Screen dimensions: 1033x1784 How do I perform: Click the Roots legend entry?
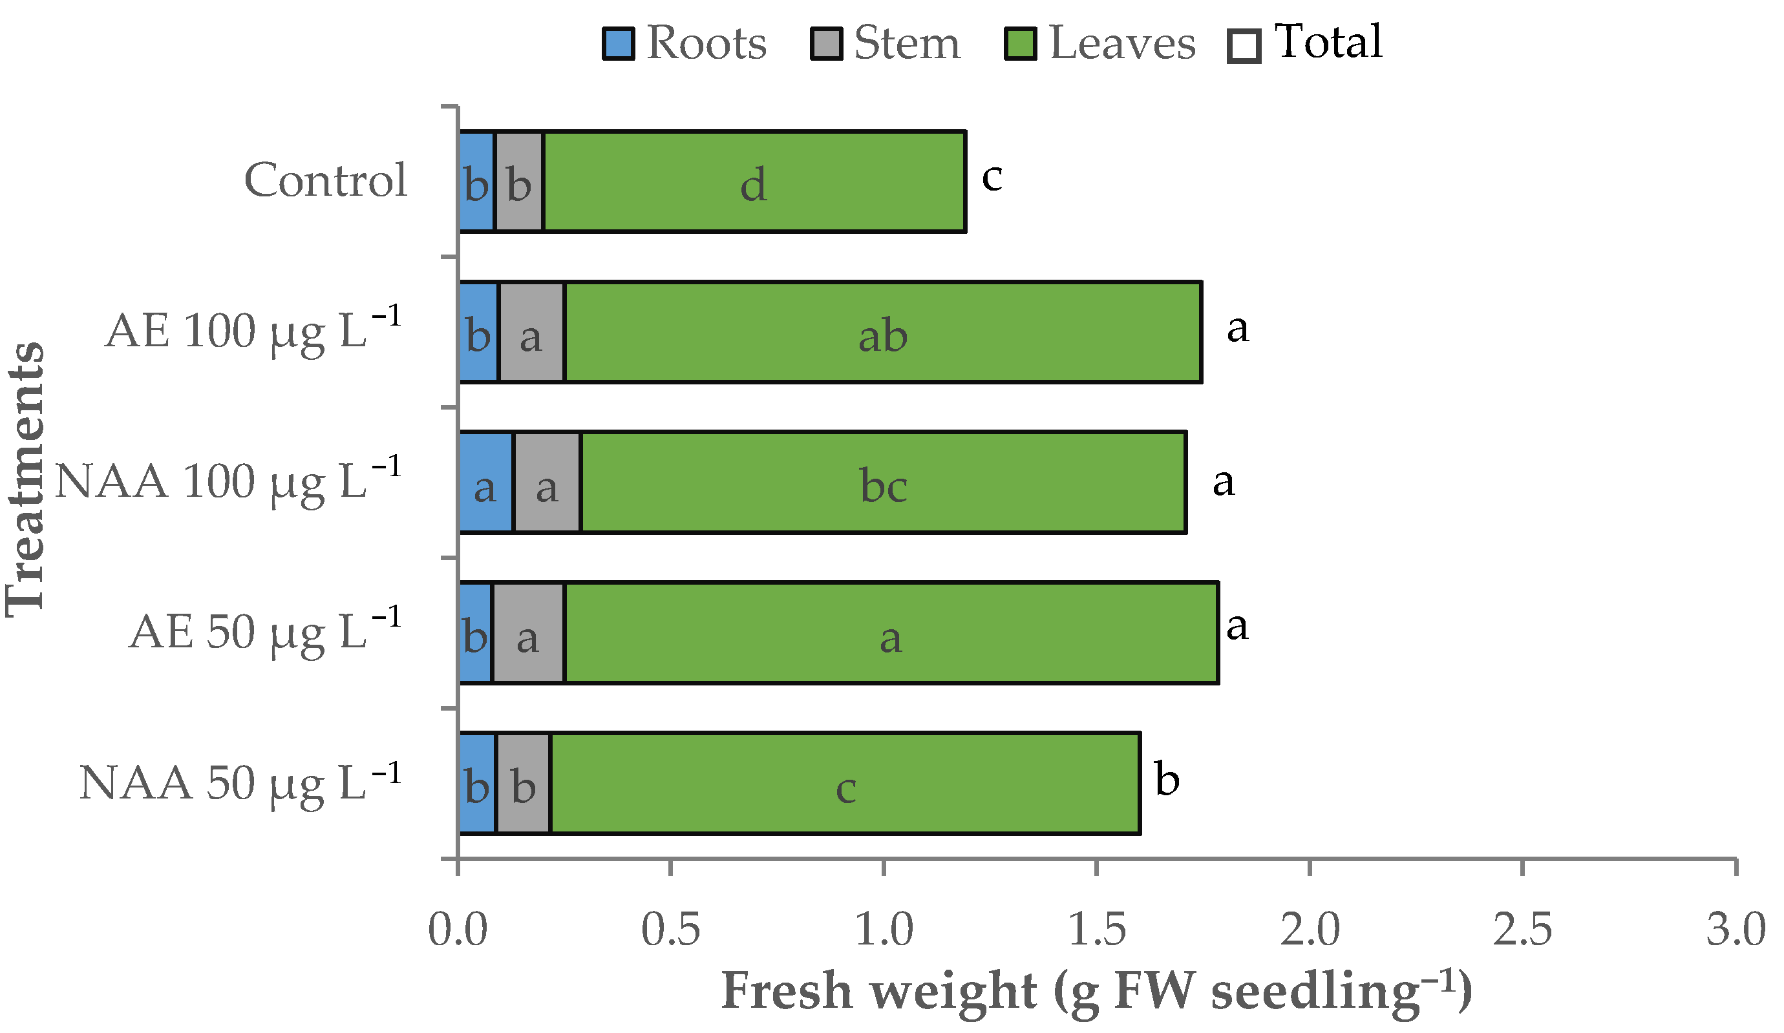[684, 43]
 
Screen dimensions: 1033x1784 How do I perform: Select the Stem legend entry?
[886, 43]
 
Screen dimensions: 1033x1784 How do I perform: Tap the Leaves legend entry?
[1099, 43]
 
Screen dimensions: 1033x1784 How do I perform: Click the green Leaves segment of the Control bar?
[754, 182]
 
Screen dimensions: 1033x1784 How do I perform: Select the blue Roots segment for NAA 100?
[485, 483]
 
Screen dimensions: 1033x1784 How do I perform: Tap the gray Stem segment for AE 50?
[528, 633]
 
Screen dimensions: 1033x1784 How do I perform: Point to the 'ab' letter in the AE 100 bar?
[883, 337]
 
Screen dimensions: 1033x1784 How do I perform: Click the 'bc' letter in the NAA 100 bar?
[884, 487]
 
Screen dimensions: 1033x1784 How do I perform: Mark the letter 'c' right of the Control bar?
[992, 176]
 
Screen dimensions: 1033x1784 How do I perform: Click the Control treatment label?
[326, 180]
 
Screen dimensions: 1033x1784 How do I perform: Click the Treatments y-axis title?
[25, 481]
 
